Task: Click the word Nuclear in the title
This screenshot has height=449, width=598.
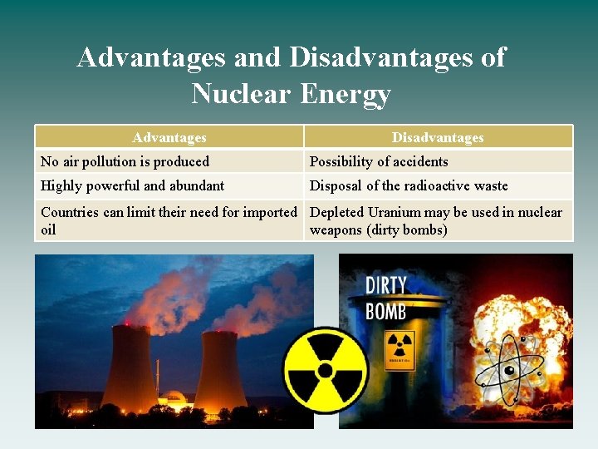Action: pos(241,93)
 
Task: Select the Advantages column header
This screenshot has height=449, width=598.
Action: pos(169,137)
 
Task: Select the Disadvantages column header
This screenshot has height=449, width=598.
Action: pos(438,137)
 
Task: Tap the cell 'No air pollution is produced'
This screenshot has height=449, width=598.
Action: pos(125,161)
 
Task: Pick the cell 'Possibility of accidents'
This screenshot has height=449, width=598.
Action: pos(379,161)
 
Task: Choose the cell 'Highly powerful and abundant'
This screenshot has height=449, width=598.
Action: pos(132,185)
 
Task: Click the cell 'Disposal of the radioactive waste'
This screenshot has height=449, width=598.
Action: pos(409,185)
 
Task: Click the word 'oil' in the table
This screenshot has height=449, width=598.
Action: pos(48,229)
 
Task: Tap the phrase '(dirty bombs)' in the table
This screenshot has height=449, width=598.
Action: pos(406,229)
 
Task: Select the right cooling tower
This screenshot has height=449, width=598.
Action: pos(219,374)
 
